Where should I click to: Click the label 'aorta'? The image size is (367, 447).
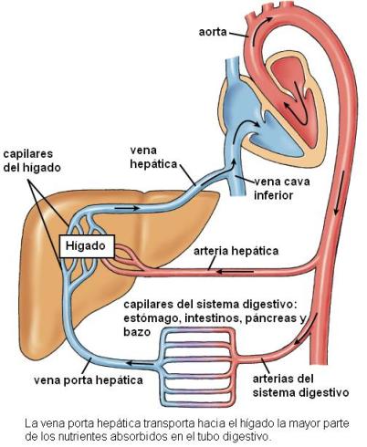213,32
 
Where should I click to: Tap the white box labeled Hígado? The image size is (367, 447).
87,246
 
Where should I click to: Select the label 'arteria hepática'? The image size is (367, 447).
236,251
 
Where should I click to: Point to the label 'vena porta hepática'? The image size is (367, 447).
89,380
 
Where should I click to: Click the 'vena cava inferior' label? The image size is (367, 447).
281,188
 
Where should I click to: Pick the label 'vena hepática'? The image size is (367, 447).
153,157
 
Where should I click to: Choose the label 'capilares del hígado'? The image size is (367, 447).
32,161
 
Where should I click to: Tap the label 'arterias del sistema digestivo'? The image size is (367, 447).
300,386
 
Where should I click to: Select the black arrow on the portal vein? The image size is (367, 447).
140,363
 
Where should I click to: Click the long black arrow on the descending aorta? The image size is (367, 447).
340,192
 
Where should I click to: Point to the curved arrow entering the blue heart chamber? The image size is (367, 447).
247,124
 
